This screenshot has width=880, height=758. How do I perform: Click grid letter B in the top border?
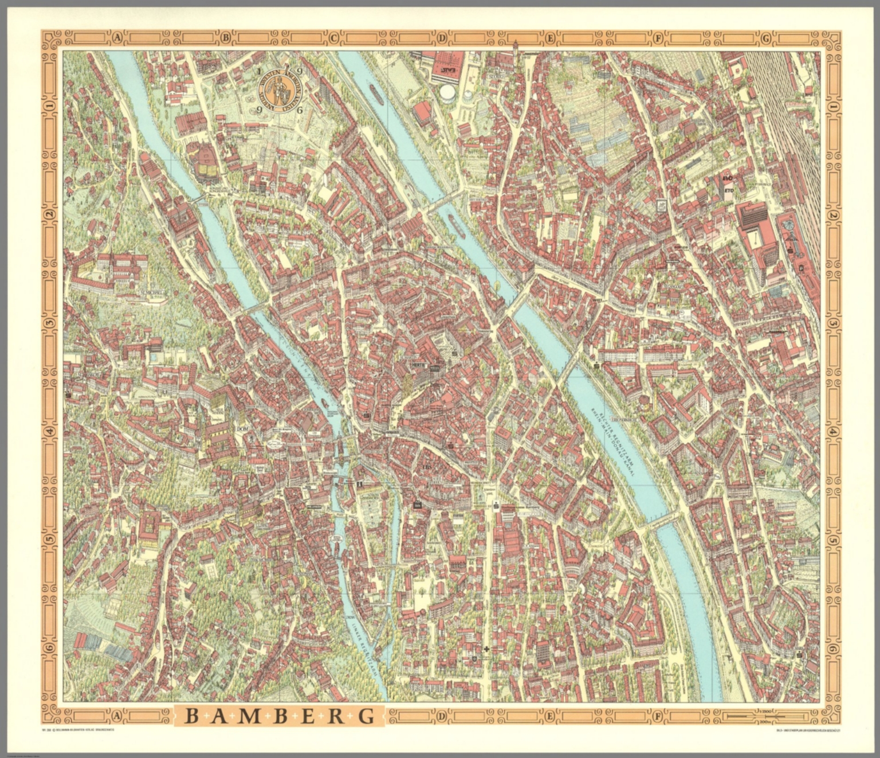click(225, 38)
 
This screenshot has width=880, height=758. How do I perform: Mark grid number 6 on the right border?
click(830, 647)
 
